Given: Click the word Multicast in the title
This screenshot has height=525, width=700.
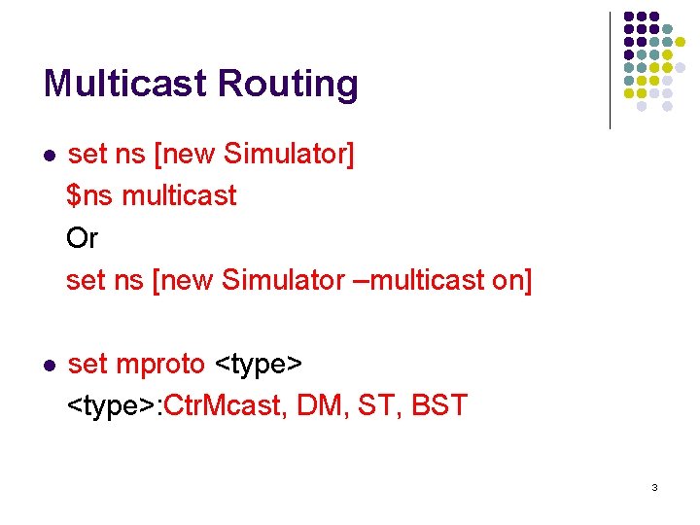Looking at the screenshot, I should click(x=125, y=84).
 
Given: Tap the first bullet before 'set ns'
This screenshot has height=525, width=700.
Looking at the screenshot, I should click(x=50, y=155).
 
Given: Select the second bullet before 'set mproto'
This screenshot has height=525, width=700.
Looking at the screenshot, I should click(x=50, y=365).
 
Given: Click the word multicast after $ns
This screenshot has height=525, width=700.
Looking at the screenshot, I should click(x=180, y=195).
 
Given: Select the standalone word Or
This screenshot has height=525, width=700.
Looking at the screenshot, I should click(x=82, y=238).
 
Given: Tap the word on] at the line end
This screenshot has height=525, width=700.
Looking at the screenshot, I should click(x=512, y=280).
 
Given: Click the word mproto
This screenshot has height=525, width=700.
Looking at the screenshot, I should click(x=160, y=365).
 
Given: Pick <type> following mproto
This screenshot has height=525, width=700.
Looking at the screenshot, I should click(x=259, y=365).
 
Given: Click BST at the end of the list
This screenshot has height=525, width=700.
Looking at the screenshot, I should click(x=439, y=405).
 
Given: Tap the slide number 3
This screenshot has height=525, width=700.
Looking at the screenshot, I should click(x=654, y=486).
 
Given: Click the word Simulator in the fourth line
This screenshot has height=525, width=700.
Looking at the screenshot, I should click(x=283, y=280).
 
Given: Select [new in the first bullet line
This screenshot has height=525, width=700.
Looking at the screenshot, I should click(x=184, y=154).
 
